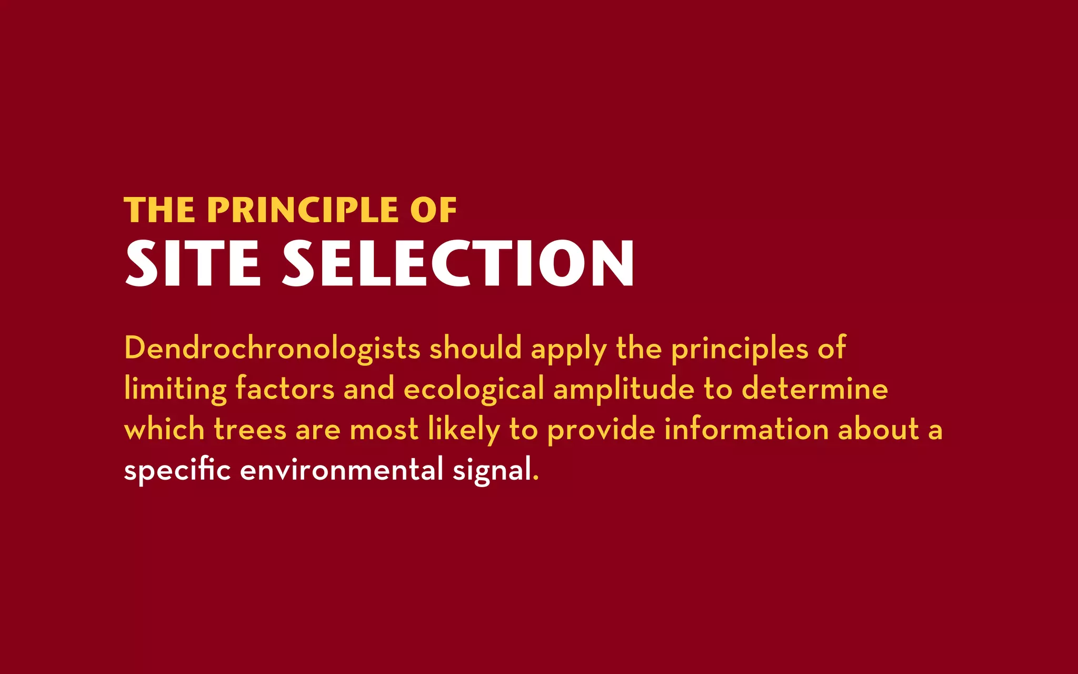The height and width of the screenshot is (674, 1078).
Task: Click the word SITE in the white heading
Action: point(193,263)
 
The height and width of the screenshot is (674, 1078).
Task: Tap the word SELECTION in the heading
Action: point(458,263)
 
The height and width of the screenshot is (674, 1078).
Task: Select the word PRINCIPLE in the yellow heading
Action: point(303,210)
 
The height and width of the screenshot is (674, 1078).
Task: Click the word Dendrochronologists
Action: point(272,349)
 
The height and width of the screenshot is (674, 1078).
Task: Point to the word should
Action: point(475,349)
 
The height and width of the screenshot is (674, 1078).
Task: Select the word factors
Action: point(285,389)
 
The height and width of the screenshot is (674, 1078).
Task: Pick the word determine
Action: point(815,389)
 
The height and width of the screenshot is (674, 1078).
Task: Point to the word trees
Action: point(250,429)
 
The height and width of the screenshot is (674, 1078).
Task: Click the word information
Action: point(746,429)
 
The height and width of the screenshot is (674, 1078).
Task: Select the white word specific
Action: point(177,470)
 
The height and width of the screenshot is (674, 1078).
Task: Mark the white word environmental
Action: point(342,470)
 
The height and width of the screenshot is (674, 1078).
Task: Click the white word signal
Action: point(492,470)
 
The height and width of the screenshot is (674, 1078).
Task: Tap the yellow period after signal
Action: point(536,479)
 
